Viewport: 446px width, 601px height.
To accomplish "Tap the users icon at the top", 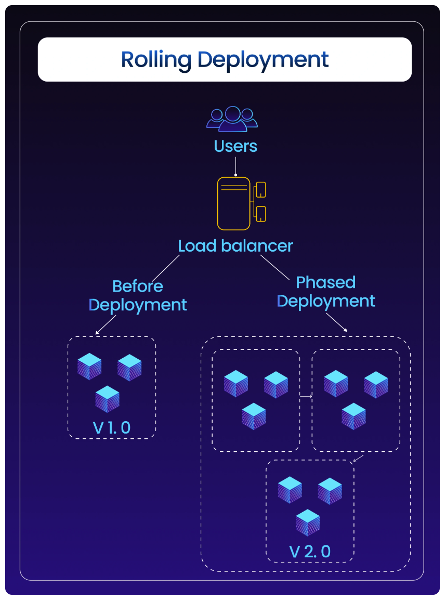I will click(x=232, y=119).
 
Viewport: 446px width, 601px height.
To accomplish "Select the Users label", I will click(x=235, y=146).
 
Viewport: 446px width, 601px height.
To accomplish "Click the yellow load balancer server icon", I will click(x=234, y=203).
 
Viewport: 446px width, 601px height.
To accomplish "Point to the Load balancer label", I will click(x=235, y=246).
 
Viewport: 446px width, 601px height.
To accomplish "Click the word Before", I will click(x=138, y=286).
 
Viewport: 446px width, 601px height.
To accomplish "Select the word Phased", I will click(x=325, y=282).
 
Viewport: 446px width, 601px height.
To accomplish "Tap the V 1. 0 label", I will click(x=112, y=427).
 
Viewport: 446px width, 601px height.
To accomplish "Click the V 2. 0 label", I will click(x=310, y=551).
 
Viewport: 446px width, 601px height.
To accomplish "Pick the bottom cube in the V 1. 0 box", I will click(x=108, y=399).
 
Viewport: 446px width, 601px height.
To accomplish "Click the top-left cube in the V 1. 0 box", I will click(x=89, y=366).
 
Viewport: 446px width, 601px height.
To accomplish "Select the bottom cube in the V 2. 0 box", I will click(x=308, y=522).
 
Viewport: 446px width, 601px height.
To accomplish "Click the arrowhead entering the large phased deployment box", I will click(x=346, y=329).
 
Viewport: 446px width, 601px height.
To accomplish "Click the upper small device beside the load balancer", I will click(x=261, y=189).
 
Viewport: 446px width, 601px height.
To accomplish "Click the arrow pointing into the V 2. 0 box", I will click(x=357, y=459).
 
